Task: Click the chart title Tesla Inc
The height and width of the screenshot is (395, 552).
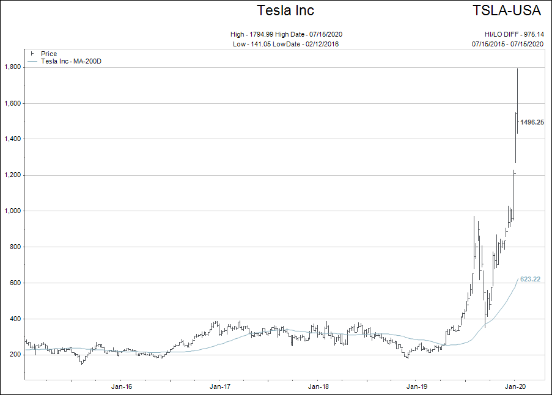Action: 285,10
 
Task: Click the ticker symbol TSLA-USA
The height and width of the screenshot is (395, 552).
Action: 507,10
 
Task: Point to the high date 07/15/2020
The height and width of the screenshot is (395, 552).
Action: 333,34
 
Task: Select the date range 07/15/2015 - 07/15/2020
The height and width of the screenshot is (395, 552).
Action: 507,44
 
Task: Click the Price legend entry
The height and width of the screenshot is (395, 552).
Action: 49,54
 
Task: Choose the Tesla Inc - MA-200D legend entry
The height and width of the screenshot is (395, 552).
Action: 70,61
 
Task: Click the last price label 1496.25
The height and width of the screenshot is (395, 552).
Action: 532,122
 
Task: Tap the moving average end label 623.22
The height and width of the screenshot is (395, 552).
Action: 530,279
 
